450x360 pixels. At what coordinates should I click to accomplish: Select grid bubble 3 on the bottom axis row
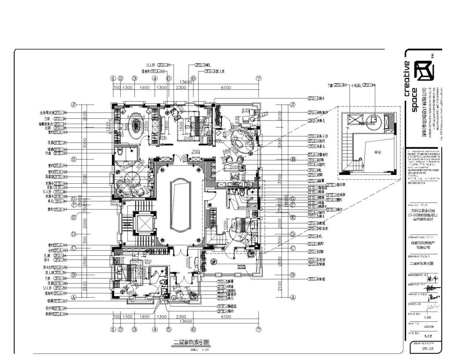tap(134, 329)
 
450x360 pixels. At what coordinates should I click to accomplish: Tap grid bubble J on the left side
tap(74, 105)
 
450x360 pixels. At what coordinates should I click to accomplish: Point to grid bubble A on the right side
tap(293, 297)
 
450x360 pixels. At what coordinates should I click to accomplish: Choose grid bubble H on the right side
tap(293, 159)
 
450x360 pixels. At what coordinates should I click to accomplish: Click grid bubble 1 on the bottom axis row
tap(113, 329)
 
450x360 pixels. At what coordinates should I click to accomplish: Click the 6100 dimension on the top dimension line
tap(225, 87)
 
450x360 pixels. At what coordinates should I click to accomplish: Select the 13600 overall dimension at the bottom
tap(187, 321)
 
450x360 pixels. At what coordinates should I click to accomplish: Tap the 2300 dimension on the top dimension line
tap(181, 87)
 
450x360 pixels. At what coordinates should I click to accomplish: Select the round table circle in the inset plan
tap(374, 118)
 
